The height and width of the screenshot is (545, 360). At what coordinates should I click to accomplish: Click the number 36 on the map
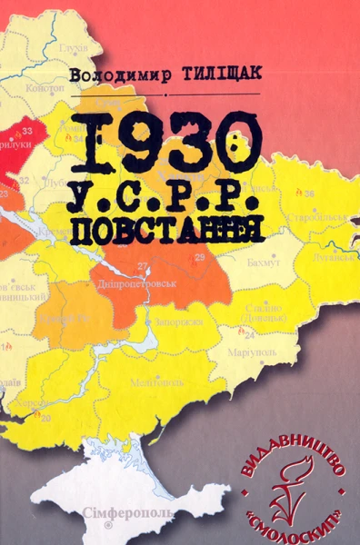click(x=309, y=193)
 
